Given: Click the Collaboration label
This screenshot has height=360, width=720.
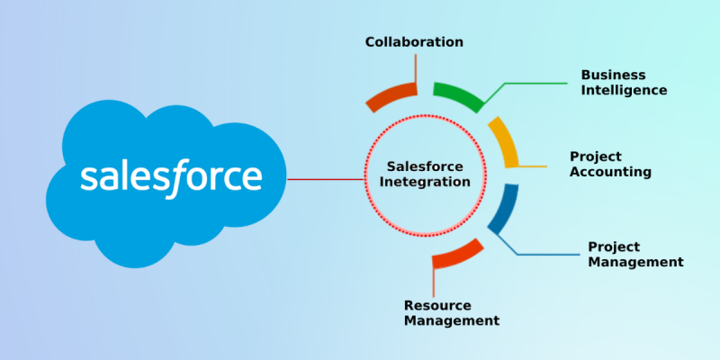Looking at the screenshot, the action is point(414,42).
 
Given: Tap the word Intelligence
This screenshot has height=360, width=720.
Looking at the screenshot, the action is point(624,90).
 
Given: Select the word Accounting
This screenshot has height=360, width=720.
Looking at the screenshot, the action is point(611,172).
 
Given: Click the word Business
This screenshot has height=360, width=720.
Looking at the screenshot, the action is point(613,75).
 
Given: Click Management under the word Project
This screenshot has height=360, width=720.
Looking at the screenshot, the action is point(636,262).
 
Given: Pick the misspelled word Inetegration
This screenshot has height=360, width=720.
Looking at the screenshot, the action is point(426,182).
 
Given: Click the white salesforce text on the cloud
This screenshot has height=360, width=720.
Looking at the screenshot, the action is point(171,177).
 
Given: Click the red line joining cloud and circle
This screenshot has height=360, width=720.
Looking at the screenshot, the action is point(326,179).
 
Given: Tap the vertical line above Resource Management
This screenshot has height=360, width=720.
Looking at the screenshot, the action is point(434,281).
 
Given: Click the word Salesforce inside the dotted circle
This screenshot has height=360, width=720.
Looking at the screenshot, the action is point(425,166).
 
